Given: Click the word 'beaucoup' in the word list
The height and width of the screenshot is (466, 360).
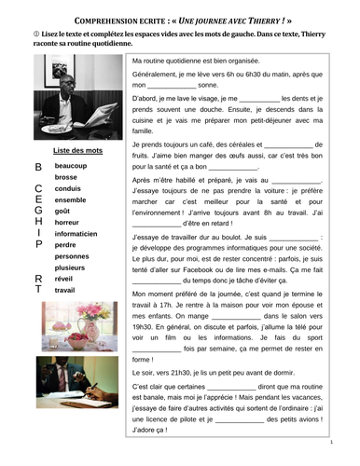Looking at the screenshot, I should click(x=70, y=164).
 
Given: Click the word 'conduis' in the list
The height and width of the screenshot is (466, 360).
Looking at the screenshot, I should click(x=68, y=187).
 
